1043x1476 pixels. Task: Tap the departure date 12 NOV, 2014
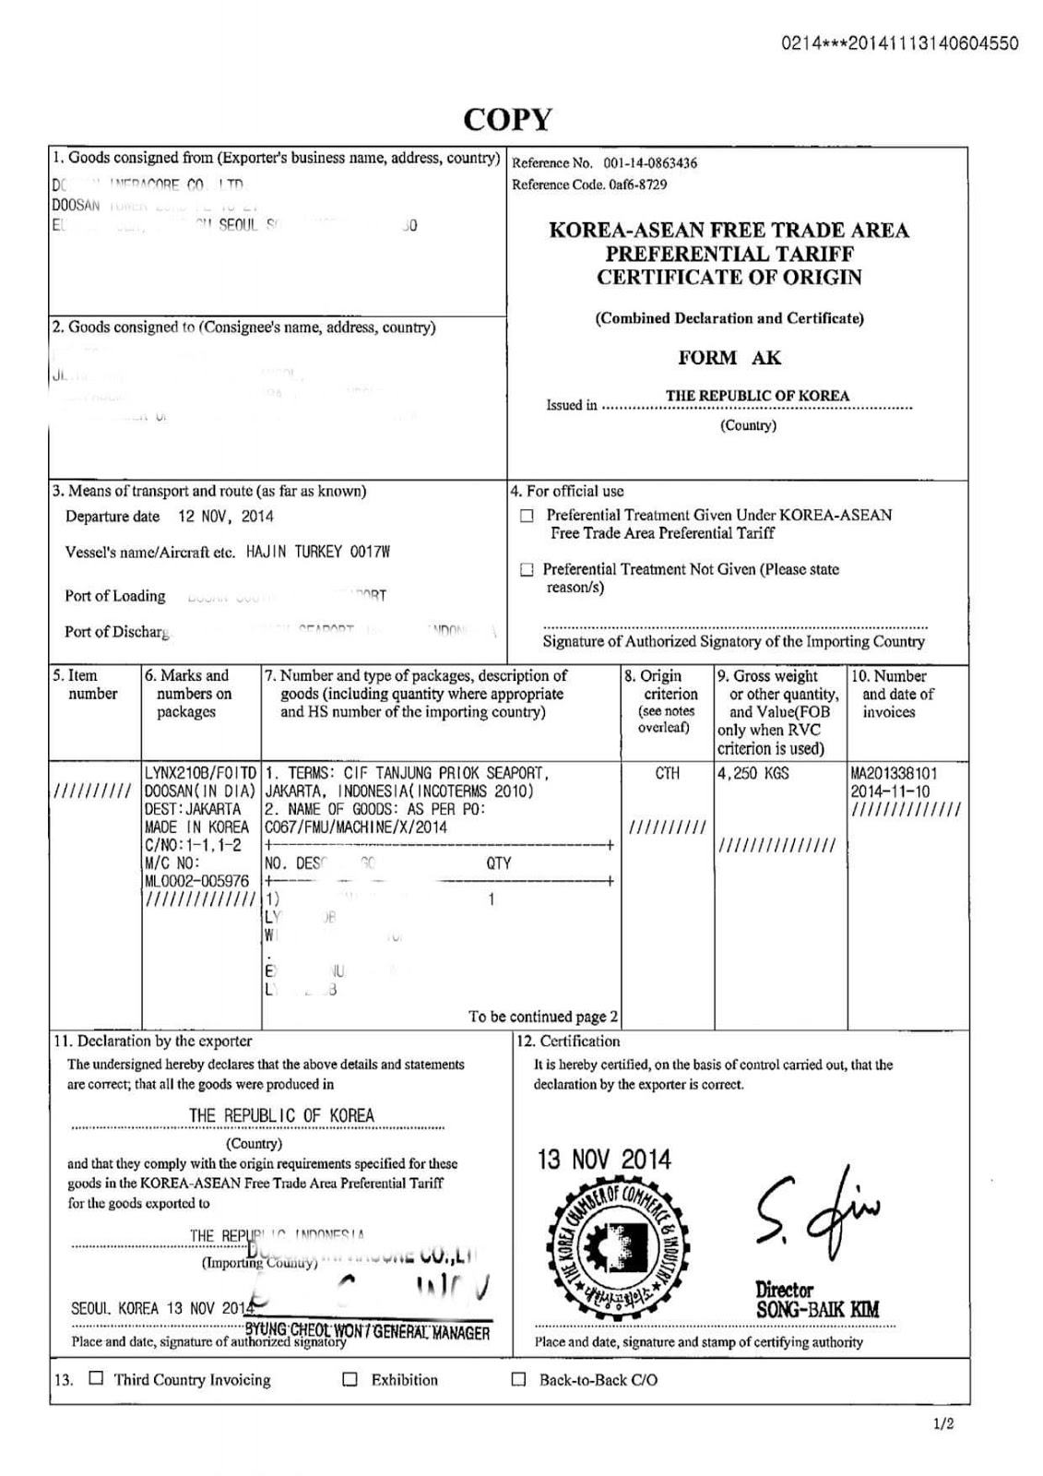click(x=225, y=517)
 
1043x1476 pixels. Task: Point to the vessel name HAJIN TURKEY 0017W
click(x=318, y=553)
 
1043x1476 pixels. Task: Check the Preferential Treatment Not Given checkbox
click(x=527, y=570)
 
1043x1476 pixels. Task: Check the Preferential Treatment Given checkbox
click(x=527, y=516)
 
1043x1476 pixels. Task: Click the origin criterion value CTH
click(x=667, y=773)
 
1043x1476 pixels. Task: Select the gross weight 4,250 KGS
click(x=753, y=773)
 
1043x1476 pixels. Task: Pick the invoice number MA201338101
click(x=906, y=773)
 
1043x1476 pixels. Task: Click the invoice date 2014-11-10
click(x=890, y=792)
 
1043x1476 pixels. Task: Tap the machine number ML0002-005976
click(x=196, y=881)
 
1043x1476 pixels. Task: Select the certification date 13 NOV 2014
click(x=604, y=1160)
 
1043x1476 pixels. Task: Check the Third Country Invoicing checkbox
click(x=96, y=1379)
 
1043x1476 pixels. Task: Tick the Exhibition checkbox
click(x=350, y=1379)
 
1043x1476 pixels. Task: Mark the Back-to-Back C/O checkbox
click(x=519, y=1379)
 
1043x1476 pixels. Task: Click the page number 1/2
click(x=942, y=1424)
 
